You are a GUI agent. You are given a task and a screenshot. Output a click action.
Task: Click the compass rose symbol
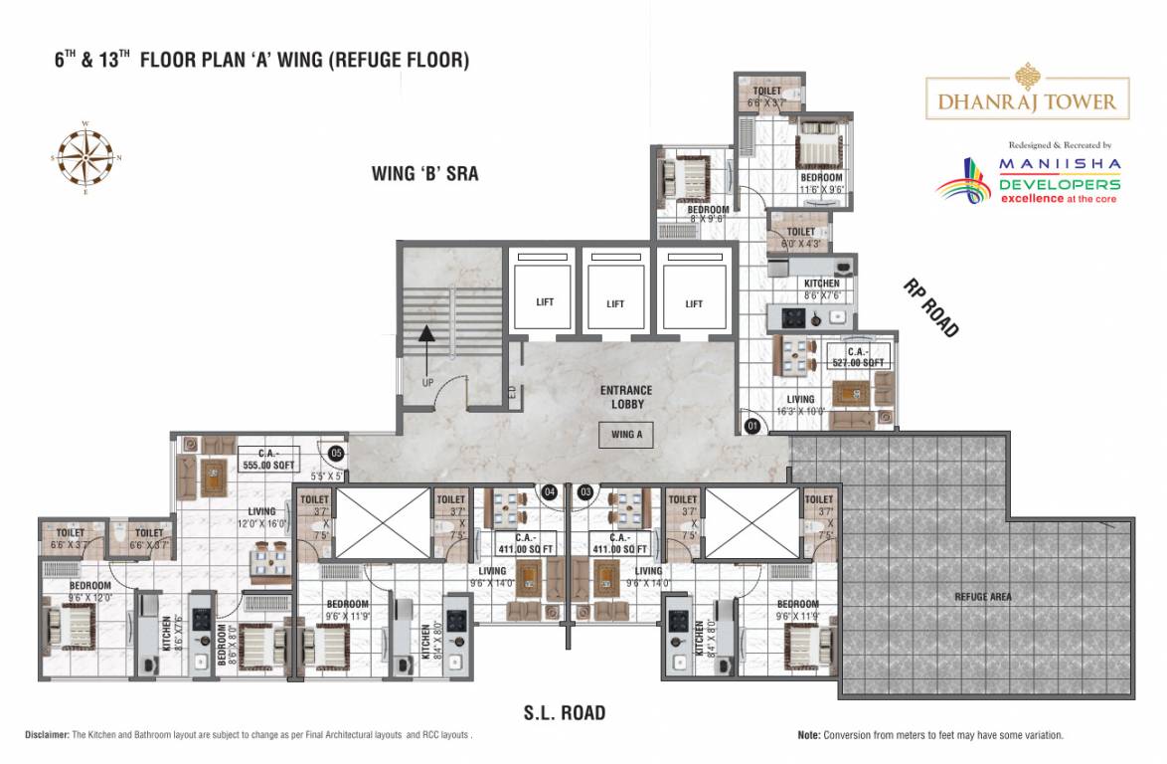[x=85, y=156]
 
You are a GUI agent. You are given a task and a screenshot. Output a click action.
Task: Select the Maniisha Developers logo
[x=1029, y=179]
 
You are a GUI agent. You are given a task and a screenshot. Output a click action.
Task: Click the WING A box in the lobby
[x=625, y=435]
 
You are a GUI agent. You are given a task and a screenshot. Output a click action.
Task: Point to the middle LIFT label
[x=615, y=303]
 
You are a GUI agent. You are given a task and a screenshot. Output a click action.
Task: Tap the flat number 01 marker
[x=752, y=428]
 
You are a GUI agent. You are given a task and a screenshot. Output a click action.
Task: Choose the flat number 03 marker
[x=585, y=491]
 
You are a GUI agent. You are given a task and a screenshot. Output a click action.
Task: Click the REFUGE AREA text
[x=983, y=597]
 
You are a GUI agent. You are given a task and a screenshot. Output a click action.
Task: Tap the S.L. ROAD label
[x=565, y=712]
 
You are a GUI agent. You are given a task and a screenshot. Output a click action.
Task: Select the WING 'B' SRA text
[x=424, y=174]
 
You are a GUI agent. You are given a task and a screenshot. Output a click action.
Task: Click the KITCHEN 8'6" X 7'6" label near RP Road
[x=822, y=288]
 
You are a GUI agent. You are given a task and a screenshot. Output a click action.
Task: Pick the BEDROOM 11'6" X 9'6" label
[x=821, y=183]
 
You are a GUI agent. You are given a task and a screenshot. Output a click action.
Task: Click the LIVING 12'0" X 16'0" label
[x=261, y=517]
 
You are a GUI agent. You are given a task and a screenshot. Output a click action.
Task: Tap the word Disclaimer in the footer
[x=47, y=735]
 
